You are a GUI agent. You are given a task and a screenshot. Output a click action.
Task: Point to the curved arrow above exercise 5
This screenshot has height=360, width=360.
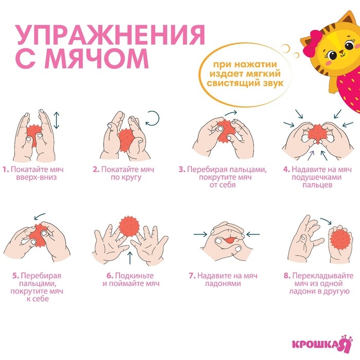(38, 218)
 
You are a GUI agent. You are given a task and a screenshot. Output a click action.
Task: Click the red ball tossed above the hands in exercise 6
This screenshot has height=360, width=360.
(129, 226)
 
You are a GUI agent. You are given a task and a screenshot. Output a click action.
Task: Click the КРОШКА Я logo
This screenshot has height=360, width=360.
(318, 343)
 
